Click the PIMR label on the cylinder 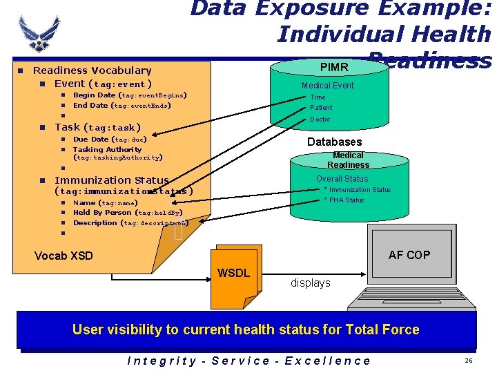[x=334, y=67]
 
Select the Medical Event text [x=327, y=86]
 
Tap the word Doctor [x=320, y=119]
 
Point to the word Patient [x=321, y=108]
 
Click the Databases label [x=334, y=142]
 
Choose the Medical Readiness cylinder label [x=348, y=160]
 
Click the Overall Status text [x=342, y=179]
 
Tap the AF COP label [x=409, y=255]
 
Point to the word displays [x=310, y=283]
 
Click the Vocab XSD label [x=64, y=256]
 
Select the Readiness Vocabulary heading [x=92, y=70]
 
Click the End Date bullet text [x=122, y=106]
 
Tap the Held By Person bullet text [x=128, y=213]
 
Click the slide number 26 [x=469, y=361]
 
